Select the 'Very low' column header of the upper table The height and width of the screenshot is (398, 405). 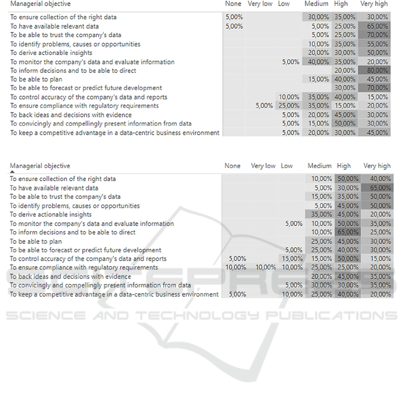point(260,4)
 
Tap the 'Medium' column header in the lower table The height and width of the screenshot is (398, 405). point(319,166)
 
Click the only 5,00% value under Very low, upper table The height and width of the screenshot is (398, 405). point(264,106)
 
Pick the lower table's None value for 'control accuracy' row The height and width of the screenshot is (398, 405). point(237,258)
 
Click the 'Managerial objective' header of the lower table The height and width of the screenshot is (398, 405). point(40,166)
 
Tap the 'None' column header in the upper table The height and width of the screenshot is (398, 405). point(233,4)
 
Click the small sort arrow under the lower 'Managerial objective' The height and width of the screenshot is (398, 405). point(12,171)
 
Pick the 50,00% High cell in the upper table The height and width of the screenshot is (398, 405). point(345,123)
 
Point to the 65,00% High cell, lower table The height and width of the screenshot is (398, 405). point(348,232)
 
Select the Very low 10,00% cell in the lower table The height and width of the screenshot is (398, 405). point(265,267)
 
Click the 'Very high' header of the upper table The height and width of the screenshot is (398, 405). point(374,4)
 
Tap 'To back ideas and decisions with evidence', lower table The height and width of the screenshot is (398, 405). point(71,276)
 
